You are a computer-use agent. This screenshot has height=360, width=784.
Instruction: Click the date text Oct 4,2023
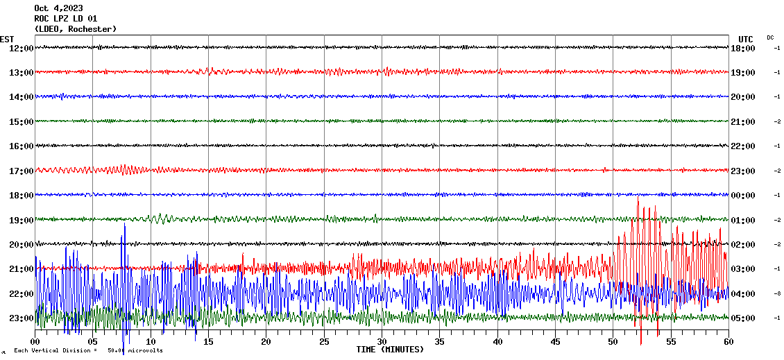click(x=63, y=8)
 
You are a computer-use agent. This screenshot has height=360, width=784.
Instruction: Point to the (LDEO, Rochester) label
click(x=75, y=29)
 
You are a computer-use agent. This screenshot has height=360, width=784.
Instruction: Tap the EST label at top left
click(x=7, y=39)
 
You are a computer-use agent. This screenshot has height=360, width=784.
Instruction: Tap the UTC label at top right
click(x=746, y=39)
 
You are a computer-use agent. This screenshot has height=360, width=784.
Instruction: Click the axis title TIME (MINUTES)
click(x=390, y=350)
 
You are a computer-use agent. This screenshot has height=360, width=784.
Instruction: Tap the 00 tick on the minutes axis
click(x=35, y=342)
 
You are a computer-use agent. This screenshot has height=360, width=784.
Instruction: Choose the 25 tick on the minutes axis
click(x=324, y=342)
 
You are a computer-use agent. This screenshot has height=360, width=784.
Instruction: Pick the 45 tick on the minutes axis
click(x=555, y=342)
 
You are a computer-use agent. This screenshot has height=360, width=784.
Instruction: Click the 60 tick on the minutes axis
click(x=728, y=342)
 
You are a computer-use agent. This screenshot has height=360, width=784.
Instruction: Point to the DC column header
click(x=770, y=37)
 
